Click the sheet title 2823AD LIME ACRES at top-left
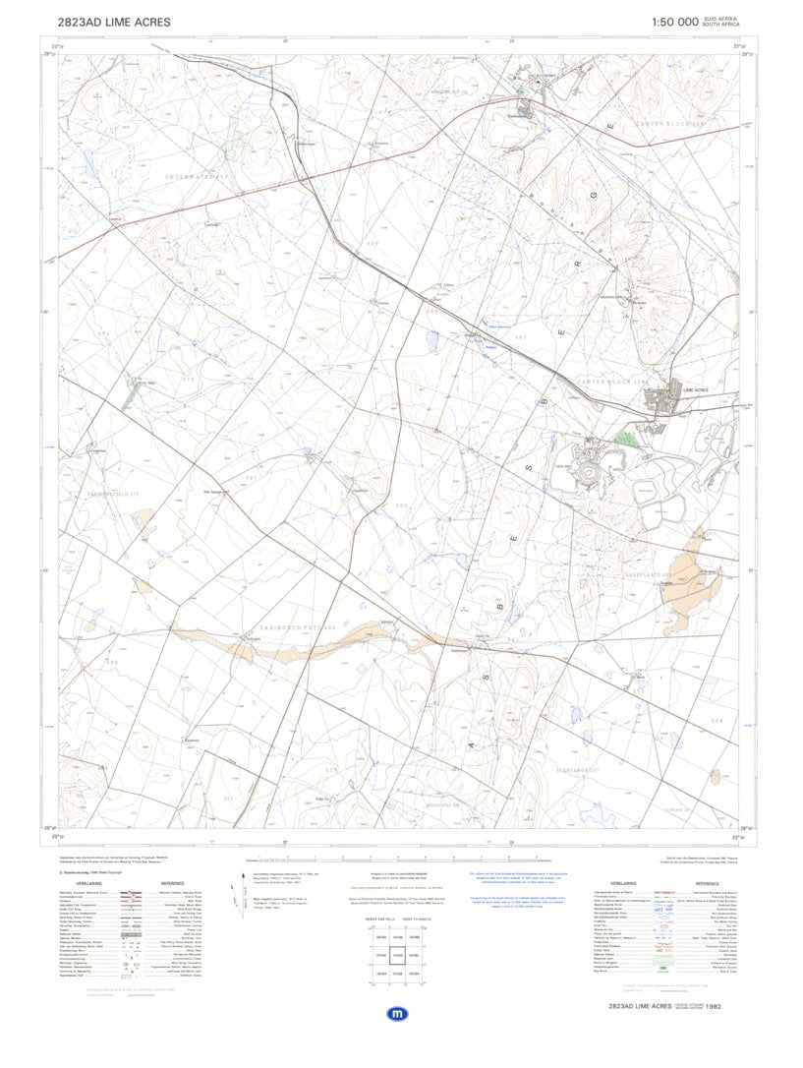pos(114,22)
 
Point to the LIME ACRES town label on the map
pos(695,390)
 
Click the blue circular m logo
pos(398,1013)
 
